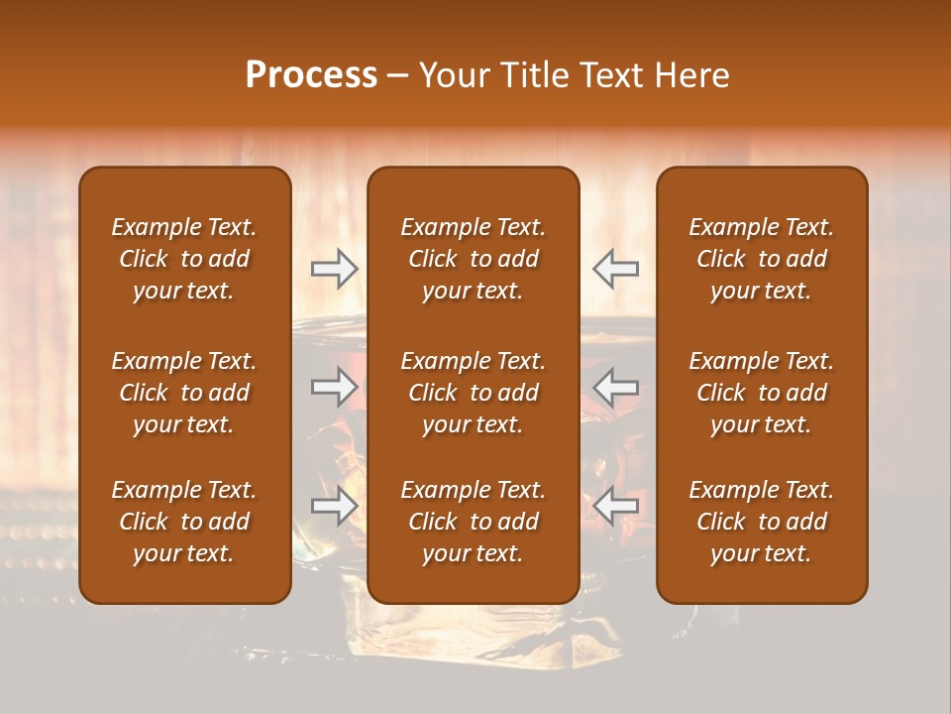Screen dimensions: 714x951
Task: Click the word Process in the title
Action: [311, 75]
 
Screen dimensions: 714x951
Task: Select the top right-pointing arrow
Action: [334, 269]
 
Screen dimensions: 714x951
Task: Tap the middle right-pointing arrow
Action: [334, 387]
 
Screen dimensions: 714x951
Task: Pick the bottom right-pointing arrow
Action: [334, 506]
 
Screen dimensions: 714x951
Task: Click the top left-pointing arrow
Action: [616, 269]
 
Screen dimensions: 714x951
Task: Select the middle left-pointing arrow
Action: [616, 387]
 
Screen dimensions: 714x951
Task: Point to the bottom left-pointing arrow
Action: [616, 506]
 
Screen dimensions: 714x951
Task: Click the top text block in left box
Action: [184, 259]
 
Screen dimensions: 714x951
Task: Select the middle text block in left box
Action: [184, 393]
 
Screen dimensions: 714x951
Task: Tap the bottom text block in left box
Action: [184, 522]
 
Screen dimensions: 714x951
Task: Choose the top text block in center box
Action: [474, 259]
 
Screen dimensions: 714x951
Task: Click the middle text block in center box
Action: [474, 393]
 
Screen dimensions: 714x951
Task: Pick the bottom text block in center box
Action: [474, 522]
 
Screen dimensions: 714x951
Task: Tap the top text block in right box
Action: [762, 259]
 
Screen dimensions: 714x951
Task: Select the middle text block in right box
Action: [762, 393]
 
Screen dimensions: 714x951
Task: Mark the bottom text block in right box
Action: [762, 522]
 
